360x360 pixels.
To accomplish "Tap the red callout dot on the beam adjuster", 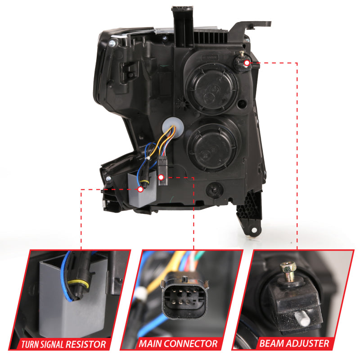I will [x=247, y=63].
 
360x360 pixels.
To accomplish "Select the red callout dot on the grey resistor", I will [x=140, y=190].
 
